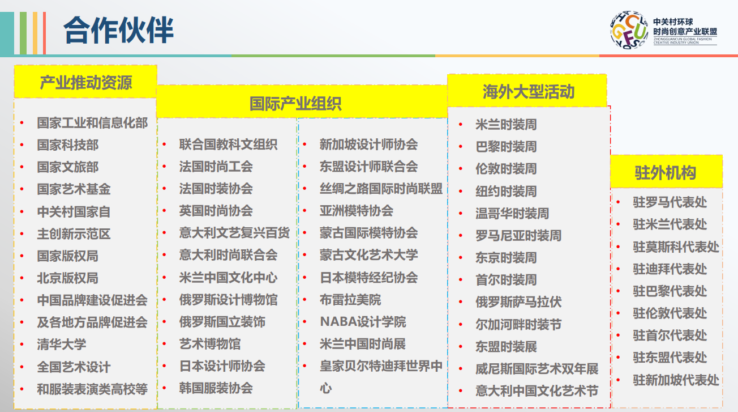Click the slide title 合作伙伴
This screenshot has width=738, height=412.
[x=118, y=30]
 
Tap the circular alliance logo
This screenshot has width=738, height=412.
[x=629, y=29]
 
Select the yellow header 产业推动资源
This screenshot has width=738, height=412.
[x=85, y=82]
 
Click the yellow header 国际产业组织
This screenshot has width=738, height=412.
[x=295, y=104]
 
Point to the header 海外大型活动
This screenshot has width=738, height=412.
[x=528, y=91]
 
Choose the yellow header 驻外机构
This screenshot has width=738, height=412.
[x=666, y=172]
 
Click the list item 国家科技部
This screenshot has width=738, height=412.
[x=68, y=145]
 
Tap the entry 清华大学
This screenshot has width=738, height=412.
[x=62, y=345]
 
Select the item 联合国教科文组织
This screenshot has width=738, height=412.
[x=228, y=144]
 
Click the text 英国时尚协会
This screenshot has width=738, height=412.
[x=216, y=210]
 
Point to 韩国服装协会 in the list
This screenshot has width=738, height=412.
[x=216, y=388]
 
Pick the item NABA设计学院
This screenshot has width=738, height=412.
[x=363, y=322]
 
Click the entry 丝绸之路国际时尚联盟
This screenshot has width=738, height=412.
[x=381, y=188]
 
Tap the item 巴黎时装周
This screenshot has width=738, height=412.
[x=507, y=146]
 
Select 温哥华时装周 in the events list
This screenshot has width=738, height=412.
[x=512, y=213]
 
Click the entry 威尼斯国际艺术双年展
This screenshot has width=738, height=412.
[x=537, y=368]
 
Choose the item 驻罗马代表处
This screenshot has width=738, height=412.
[x=670, y=202]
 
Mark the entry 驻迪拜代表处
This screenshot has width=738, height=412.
[x=670, y=269]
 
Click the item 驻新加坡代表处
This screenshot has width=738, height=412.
[x=676, y=380]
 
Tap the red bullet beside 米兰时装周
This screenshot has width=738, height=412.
[x=461, y=124]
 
